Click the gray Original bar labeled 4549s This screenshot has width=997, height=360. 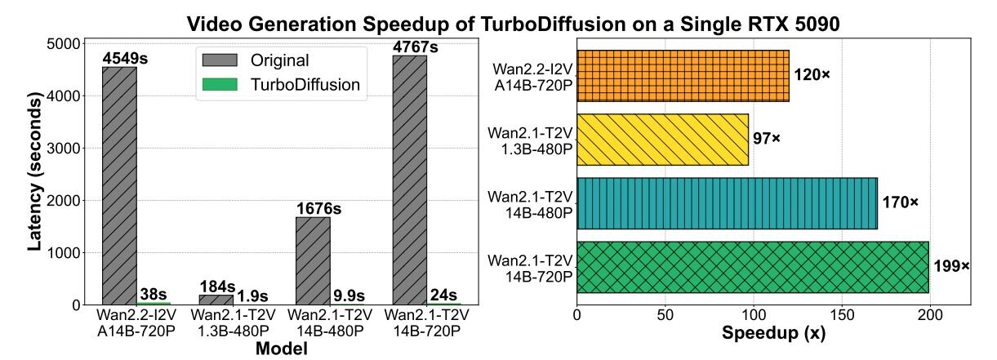tap(119, 185)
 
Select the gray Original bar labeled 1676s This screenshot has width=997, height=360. tap(313, 260)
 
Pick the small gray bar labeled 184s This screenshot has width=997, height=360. tap(216, 300)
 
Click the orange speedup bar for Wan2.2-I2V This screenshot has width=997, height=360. tap(683, 75)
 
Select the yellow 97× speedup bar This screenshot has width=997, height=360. tap(662, 139)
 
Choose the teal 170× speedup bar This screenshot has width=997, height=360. tap(727, 203)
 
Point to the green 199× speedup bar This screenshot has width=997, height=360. tap(752, 267)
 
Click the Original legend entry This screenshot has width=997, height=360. tap(252, 60)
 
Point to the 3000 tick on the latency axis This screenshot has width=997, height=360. tap(69, 149)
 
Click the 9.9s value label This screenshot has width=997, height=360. tap(347, 296)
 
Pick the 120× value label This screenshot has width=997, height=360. tap(812, 75)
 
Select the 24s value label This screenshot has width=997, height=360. tap(443, 295)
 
